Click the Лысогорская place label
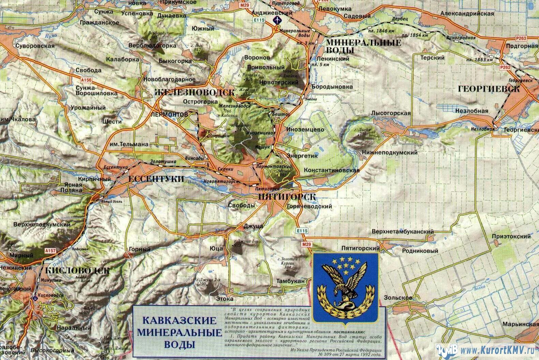(391, 113)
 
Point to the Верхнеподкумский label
(42, 225)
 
